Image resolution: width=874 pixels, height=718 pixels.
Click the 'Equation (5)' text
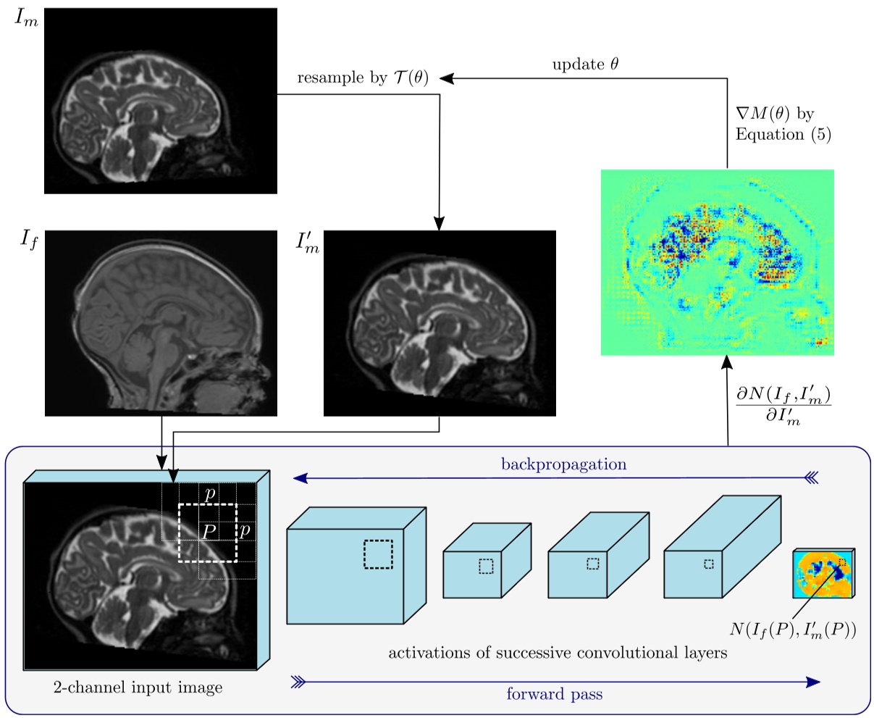click(x=781, y=134)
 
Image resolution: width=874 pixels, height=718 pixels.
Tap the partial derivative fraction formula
click(x=781, y=406)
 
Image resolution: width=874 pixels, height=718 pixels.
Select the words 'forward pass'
click(x=554, y=694)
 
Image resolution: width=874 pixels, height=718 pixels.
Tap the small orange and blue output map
click(x=824, y=572)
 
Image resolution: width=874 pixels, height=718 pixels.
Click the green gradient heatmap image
click(x=717, y=262)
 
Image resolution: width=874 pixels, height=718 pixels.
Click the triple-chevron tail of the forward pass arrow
click(x=297, y=681)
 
